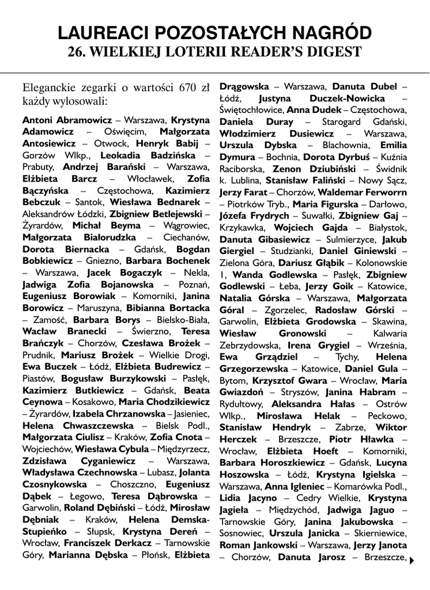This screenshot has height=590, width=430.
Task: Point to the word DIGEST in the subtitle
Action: [333, 52]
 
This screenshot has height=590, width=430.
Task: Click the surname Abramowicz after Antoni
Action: [85, 120]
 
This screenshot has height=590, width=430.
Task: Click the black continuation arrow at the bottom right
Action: [412, 558]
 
